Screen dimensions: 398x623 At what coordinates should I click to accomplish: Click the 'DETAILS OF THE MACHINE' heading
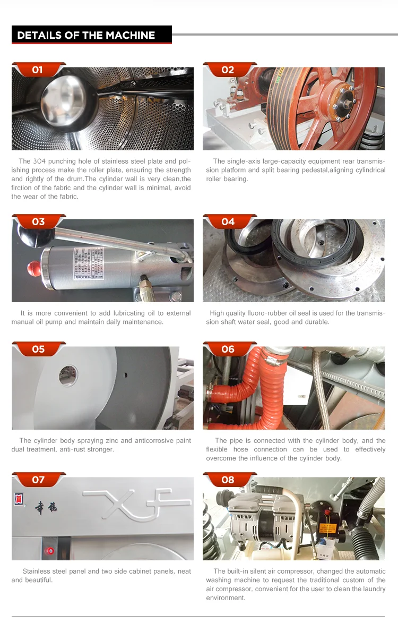[x=86, y=35]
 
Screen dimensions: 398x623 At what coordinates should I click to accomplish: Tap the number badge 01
[x=38, y=70]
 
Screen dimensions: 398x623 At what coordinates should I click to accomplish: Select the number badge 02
[x=228, y=70]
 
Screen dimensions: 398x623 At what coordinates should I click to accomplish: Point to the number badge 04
[x=228, y=221]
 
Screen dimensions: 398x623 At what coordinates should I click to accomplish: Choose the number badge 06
[x=228, y=349]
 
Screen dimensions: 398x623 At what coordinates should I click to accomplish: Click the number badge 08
[x=228, y=480]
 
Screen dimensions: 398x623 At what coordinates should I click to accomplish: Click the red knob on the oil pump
[x=33, y=268]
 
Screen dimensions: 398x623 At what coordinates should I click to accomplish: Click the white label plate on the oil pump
[x=89, y=263]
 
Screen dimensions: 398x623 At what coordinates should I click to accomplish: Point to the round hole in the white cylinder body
[x=68, y=375]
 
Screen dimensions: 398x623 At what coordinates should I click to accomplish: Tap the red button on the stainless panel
[x=50, y=551]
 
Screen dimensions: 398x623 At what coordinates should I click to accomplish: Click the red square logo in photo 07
[x=19, y=499]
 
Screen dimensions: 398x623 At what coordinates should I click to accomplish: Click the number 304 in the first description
[x=39, y=161]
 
